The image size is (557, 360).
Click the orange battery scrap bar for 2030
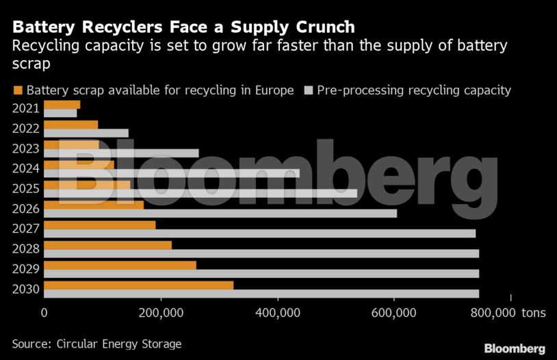(x=138, y=285)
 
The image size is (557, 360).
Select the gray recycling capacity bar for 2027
(x=260, y=233)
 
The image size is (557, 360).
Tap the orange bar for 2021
(x=62, y=104)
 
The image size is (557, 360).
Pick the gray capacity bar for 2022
(x=86, y=133)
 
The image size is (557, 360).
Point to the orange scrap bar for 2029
(x=120, y=265)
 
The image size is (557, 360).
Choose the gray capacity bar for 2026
(x=220, y=213)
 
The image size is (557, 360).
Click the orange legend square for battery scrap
(x=18, y=90)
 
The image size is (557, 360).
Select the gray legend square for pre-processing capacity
(x=309, y=90)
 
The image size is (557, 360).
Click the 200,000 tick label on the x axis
(x=161, y=313)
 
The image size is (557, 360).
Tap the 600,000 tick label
(x=395, y=313)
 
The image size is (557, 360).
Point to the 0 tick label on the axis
(x=44, y=313)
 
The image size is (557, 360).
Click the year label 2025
(x=26, y=188)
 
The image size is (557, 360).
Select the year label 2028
(x=26, y=248)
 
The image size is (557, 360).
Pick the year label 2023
(x=26, y=149)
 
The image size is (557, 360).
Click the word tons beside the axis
(x=534, y=313)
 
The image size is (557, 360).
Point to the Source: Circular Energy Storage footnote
(x=96, y=344)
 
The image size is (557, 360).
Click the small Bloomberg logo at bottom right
(x=515, y=348)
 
